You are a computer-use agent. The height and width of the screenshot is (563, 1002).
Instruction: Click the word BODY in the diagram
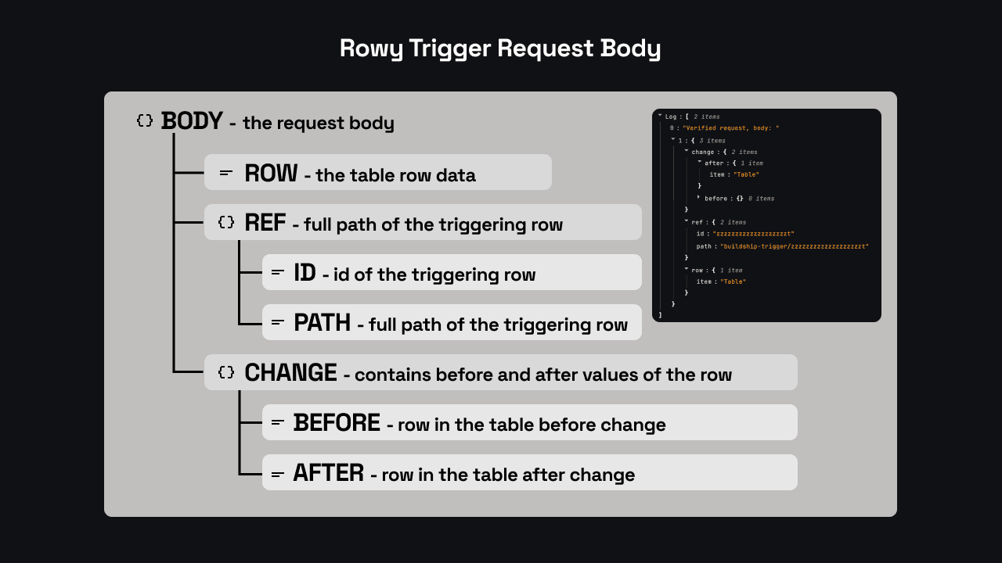coord(192,121)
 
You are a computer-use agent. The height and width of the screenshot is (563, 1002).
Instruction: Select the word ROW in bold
coord(271,173)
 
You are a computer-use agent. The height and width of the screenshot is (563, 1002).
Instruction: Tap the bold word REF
coord(265,223)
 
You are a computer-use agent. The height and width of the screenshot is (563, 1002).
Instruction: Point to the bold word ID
coord(305,273)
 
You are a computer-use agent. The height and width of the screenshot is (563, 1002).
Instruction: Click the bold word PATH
coord(322,323)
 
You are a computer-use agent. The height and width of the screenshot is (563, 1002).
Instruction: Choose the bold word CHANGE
coord(290,373)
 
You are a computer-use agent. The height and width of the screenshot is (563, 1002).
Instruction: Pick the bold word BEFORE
coord(337,423)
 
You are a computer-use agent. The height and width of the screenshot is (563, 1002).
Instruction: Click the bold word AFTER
coord(328,473)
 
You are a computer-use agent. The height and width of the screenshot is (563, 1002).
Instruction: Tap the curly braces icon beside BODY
coord(145,120)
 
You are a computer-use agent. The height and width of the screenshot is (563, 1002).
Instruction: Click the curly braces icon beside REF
coord(226,222)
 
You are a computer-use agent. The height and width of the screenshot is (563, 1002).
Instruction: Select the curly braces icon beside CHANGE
coord(226,372)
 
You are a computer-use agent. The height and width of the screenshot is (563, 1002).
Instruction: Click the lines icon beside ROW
coord(226,173)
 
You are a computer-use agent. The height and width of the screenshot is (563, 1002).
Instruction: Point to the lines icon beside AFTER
coord(277,474)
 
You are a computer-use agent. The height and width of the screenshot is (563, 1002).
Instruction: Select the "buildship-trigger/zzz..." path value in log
coord(795,246)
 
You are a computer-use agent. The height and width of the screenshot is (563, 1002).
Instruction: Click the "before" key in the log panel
coord(715,199)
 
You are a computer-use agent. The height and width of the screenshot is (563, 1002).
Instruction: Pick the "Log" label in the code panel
coord(671,117)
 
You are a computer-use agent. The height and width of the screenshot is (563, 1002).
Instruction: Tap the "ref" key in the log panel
coord(697,222)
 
